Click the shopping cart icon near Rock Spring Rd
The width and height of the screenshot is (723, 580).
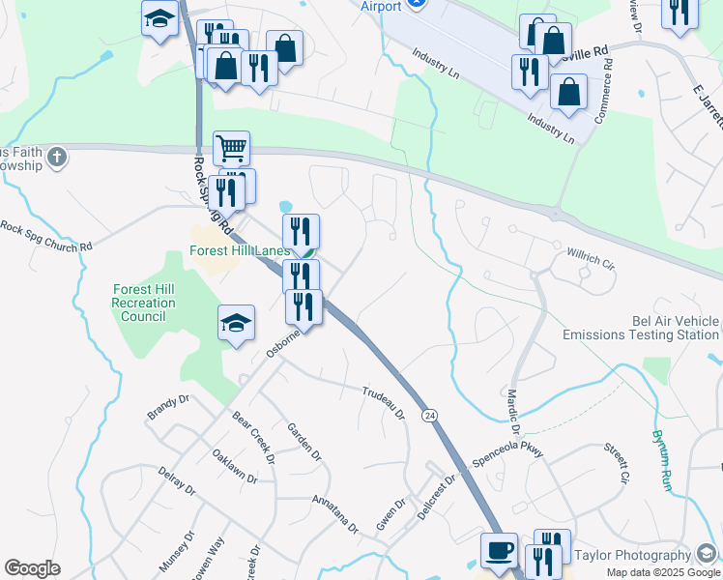[232, 148]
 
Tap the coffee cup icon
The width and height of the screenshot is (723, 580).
[499, 549]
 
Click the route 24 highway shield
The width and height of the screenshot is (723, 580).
[430, 415]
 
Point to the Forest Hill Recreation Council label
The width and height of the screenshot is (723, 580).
[144, 303]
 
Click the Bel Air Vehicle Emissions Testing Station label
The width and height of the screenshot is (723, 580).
[642, 328]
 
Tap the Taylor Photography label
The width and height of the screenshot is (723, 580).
[632, 555]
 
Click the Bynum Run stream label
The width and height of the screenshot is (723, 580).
[662, 461]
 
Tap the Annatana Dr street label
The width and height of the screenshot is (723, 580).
[334, 514]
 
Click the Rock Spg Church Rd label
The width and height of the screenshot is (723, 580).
[45, 237]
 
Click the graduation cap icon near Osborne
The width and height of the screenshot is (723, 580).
[236, 324]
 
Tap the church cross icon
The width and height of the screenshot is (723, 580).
[57, 156]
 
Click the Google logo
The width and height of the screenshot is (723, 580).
[32, 568]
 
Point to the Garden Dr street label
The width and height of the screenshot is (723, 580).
[304, 441]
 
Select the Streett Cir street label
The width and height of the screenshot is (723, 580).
[616, 463]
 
